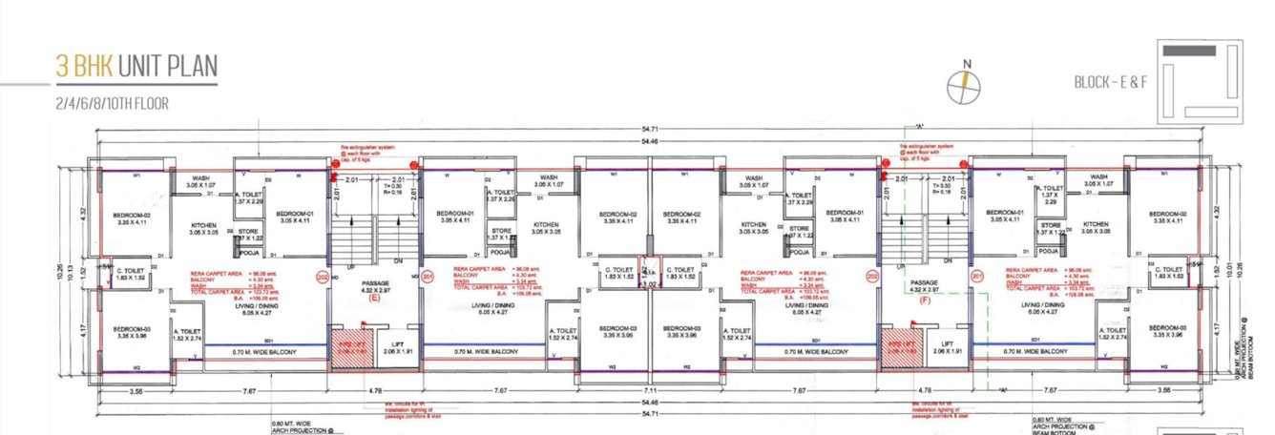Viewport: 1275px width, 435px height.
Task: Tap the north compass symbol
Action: coord(966,84)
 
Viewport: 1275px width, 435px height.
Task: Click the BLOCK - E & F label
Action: coord(1109,82)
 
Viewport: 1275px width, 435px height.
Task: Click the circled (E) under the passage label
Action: coord(375,298)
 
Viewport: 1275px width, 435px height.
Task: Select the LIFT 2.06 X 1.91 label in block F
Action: coord(946,347)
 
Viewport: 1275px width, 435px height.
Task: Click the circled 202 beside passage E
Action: coord(322,277)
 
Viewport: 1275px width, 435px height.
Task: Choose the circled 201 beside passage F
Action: coord(976,277)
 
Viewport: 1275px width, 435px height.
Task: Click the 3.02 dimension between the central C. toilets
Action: coord(651,283)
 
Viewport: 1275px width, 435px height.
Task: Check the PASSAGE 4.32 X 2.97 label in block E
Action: coord(375,285)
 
